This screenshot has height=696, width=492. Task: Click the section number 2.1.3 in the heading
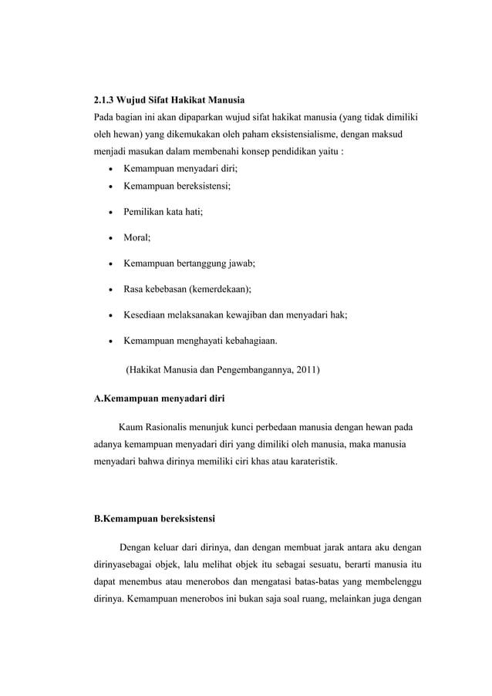click(x=103, y=99)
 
